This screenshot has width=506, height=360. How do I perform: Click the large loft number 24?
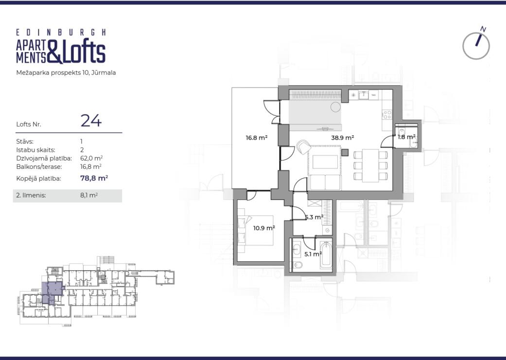click(x=91, y=121)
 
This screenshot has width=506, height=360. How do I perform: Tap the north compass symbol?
click(x=476, y=43)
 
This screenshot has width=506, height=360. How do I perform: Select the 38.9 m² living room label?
click(x=342, y=138)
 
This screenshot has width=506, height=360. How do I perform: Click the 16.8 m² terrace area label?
click(x=257, y=138)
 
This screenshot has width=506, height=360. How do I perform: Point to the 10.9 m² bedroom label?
click(x=264, y=228)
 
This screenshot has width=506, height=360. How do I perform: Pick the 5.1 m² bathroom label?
click(x=313, y=254)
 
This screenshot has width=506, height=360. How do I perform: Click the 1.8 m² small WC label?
click(x=406, y=137)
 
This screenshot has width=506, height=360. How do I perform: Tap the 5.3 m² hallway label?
click(x=314, y=217)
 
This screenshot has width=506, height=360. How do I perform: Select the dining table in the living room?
click(x=370, y=165)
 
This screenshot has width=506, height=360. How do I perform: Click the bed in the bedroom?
click(x=256, y=230)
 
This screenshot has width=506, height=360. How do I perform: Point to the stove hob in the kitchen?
click(x=387, y=114)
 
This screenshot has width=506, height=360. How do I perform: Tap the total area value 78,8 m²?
click(x=94, y=178)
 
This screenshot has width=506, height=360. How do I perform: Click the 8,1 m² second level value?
click(x=89, y=196)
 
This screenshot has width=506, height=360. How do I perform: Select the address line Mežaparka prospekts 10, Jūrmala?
click(x=66, y=72)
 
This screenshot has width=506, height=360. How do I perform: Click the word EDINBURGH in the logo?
click(x=61, y=32)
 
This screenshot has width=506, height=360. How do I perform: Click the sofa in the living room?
click(x=325, y=182)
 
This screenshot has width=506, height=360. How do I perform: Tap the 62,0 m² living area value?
click(x=91, y=158)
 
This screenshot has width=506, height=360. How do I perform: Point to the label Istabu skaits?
click(x=35, y=150)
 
